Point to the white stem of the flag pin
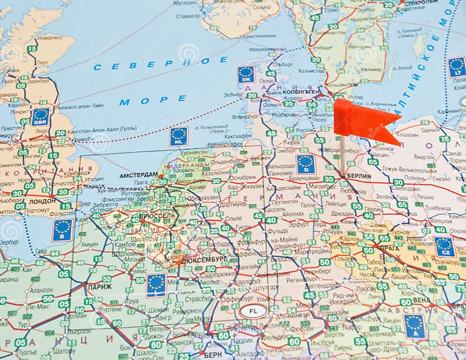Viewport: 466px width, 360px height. pyautogui.click(x=342, y=155)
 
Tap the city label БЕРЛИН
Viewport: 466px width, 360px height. pyautogui.click(x=359, y=175)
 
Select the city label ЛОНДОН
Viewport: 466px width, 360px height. pyautogui.click(x=41, y=200)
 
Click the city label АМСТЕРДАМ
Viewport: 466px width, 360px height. pyautogui.click(x=138, y=174)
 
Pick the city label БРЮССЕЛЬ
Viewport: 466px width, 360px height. pyautogui.click(x=157, y=216)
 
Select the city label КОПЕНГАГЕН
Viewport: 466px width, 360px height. pyautogui.click(x=302, y=92)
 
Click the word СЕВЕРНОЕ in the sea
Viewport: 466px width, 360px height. pyautogui.click(x=161, y=63)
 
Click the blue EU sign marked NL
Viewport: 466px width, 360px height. pyautogui.click(x=178, y=136)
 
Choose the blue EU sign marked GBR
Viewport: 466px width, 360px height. pyautogui.click(x=41, y=116)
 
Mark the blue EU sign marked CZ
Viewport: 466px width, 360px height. pyautogui.click(x=444, y=246)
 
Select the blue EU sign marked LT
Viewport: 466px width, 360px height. pyautogui.click(x=456, y=66)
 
